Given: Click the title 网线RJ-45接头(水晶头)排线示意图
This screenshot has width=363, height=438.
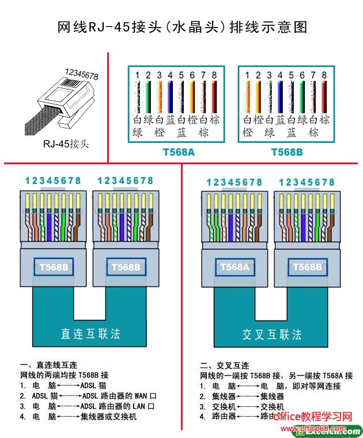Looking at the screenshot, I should (x=182, y=27).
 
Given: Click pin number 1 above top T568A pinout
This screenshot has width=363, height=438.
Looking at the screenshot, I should (x=137, y=75).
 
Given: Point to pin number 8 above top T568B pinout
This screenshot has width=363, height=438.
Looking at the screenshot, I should (x=324, y=75).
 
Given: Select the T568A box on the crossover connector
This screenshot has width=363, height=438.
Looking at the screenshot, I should (x=233, y=267).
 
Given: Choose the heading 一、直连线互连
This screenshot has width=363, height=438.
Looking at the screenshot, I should (x=48, y=365).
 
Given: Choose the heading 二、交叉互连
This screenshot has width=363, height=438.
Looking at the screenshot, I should (x=225, y=365).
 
